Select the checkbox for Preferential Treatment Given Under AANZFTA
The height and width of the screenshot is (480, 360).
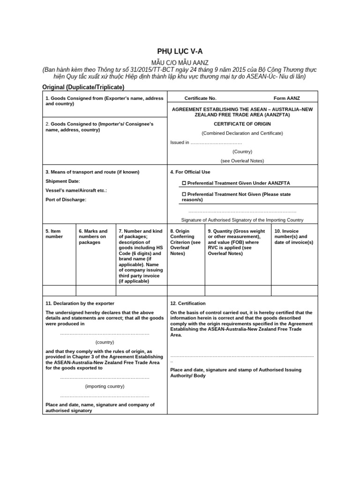[184, 183]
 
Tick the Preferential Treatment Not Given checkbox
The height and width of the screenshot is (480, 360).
[184, 194]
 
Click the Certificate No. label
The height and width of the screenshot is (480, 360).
[200, 98]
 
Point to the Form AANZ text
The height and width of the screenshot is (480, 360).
[286, 98]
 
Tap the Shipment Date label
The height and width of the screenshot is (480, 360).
[63, 181]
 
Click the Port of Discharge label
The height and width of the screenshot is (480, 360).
[66, 200]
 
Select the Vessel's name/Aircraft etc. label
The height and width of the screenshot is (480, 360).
[76, 190]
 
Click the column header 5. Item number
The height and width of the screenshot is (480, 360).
[54, 234]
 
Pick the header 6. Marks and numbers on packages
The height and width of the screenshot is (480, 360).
[93, 237]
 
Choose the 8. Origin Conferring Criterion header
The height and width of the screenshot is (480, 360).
[185, 242]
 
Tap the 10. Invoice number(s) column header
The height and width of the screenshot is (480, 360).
[294, 237]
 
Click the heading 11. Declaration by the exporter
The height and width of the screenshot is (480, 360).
[80, 303]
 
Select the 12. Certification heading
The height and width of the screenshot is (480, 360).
[188, 303]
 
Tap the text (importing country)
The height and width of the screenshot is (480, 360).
[105, 386]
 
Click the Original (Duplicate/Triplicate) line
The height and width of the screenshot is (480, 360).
[83, 87]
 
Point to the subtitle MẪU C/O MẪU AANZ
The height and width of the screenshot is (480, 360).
[180, 62]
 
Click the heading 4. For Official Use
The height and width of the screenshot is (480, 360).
[190, 172]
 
